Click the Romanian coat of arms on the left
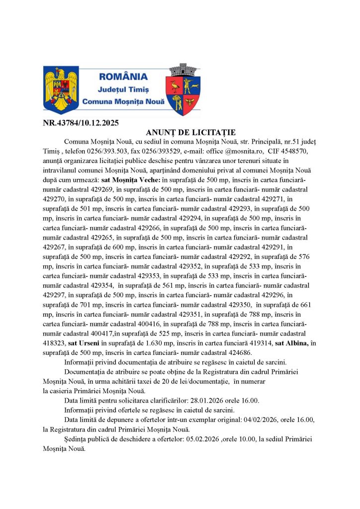[x=61, y=90]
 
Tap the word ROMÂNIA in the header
[x=123, y=77]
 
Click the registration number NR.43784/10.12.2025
[x=81, y=123]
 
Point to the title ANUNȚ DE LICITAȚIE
[x=190, y=132]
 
